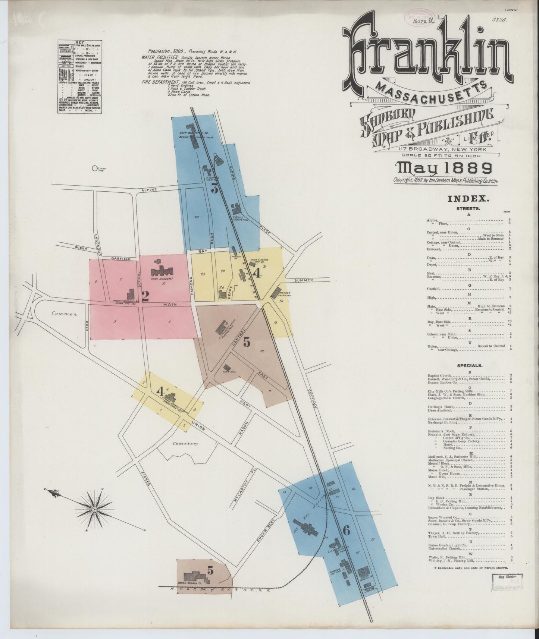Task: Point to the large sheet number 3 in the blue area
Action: click(214, 189)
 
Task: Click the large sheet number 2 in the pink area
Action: click(145, 296)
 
